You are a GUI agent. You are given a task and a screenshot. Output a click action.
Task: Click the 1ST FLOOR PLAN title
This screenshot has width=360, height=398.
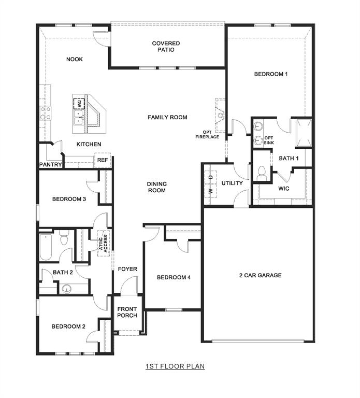click(x=175, y=366)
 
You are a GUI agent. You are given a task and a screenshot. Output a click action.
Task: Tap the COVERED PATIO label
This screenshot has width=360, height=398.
click(x=166, y=47)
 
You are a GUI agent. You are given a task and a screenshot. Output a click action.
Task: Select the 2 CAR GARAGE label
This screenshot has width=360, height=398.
click(x=260, y=275)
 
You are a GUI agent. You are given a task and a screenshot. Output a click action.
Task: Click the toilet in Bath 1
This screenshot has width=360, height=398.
click(x=262, y=173)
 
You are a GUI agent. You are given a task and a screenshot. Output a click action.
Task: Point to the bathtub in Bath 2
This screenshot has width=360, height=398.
click(x=46, y=248)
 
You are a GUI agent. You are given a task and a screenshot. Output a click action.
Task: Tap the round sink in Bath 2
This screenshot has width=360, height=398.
click(x=66, y=289)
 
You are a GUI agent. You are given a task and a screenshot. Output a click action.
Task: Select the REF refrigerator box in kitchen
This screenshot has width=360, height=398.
click(x=103, y=161)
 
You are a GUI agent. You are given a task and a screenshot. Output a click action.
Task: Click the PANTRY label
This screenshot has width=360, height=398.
click(x=51, y=165)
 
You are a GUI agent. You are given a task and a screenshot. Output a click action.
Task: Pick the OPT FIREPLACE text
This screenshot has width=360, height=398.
click(x=207, y=134)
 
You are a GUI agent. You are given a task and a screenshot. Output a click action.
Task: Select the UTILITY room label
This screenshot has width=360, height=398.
click(x=232, y=183)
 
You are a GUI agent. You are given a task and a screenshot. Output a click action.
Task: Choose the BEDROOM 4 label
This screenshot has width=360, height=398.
click(x=174, y=277)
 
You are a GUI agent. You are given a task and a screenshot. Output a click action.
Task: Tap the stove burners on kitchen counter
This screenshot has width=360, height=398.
click(x=46, y=112)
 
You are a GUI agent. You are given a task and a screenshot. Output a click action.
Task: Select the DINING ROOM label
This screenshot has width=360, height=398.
click(x=156, y=187)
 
